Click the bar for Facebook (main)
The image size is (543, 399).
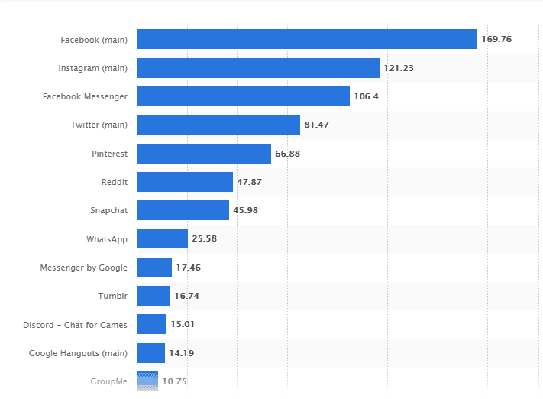tap(307, 39)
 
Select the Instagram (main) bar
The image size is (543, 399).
tap(258, 68)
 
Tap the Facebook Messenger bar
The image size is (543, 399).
tap(244, 96)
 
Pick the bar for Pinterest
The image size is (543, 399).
tap(204, 154)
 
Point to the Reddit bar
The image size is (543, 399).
tap(185, 182)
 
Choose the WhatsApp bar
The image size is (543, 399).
tap(163, 238)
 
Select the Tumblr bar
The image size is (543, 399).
tap(154, 296)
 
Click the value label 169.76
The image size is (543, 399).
tap(496, 39)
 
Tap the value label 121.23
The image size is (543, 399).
tap(399, 68)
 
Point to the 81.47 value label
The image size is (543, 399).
tap(317, 125)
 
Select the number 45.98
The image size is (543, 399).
tap(246, 210)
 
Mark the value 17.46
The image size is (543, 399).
tap(189, 268)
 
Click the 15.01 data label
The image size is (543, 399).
tap(183, 324)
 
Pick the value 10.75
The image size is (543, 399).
tap(175, 381)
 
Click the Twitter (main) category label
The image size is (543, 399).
tap(99, 125)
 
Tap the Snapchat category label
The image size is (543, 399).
tap(108, 210)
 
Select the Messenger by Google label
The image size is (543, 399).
tap(84, 268)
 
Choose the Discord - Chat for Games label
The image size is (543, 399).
tap(75, 324)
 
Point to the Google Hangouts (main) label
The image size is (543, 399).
tap(78, 353)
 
